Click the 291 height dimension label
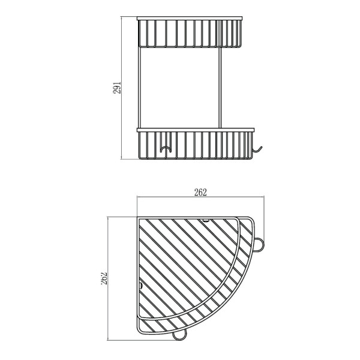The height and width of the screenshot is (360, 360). tap(117, 88)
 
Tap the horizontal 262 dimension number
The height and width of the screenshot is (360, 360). tap(200, 193)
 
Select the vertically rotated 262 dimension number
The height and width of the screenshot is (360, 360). tap(104, 278)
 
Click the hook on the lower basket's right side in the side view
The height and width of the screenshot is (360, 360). tap(257, 149)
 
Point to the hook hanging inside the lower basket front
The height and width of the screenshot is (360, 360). tap(166, 149)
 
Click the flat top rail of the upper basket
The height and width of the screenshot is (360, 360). tap(190, 19)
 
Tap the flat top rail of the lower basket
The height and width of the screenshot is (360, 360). tap(196, 130)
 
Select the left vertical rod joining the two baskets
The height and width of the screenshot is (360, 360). tap(139, 88)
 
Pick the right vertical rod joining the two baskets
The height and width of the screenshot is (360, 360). tap(220, 88)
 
